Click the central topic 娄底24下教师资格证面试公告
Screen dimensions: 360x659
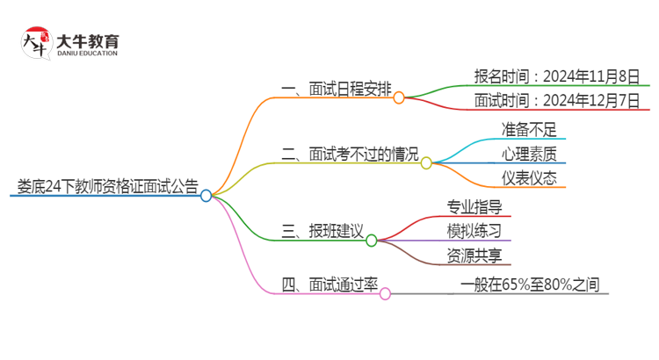coord(107,185)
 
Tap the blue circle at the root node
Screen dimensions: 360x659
coord(206,196)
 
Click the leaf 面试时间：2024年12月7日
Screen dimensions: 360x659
coord(556,99)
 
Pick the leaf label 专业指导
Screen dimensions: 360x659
coord(474,207)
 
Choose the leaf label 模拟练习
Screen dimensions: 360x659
coord(474,231)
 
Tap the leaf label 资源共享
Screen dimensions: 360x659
coord(474,255)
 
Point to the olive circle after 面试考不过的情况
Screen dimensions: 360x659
coord(426,162)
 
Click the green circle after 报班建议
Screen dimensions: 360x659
coord(371,240)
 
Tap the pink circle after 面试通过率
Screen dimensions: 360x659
coord(385,294)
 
